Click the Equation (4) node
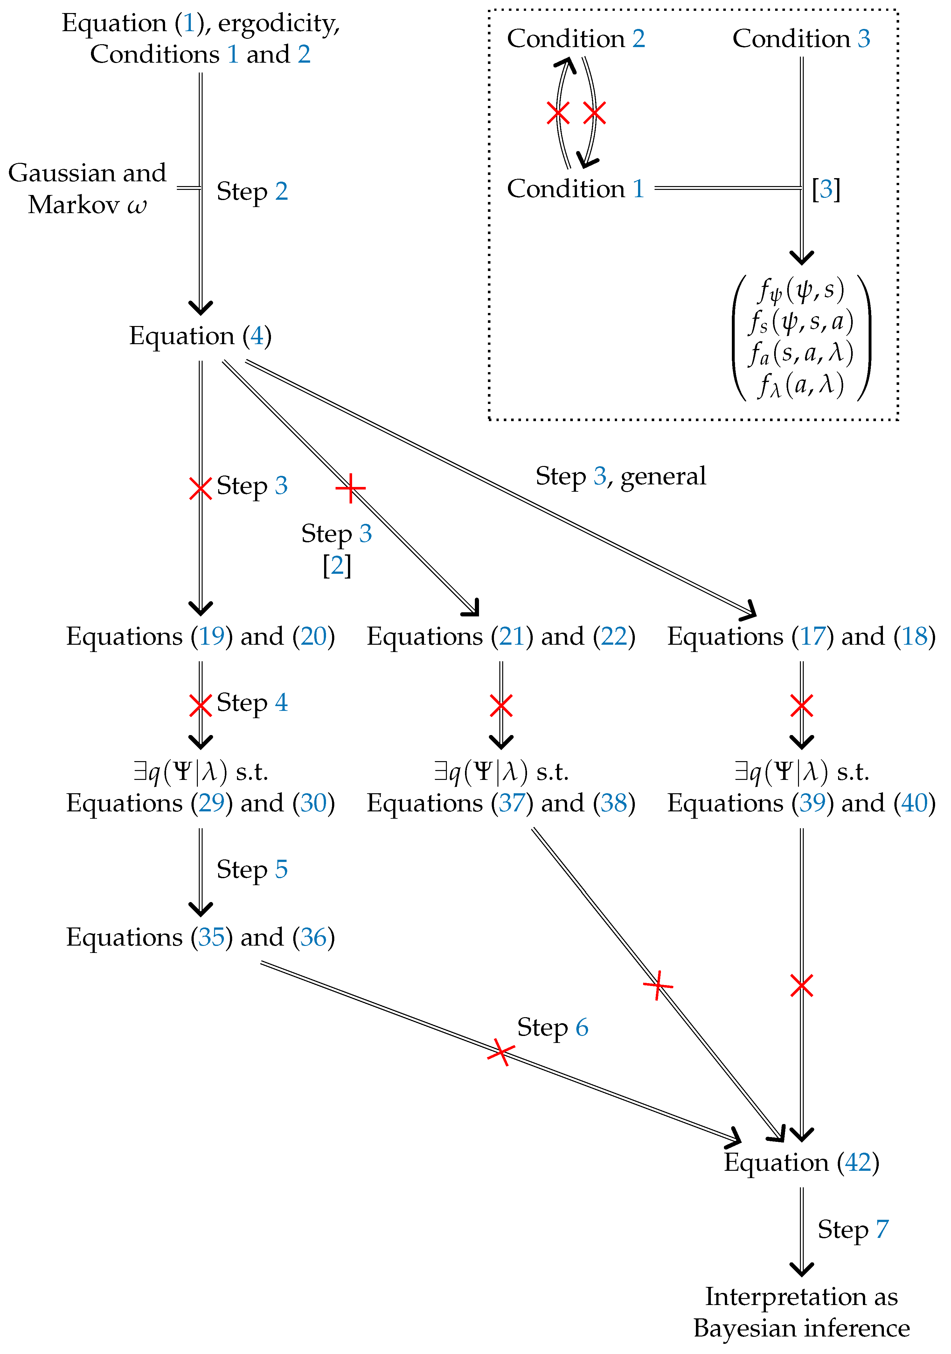click(x=200, y=336)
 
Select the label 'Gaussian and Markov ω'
click(x=87, y=189)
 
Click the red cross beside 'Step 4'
click(x=200, y=705)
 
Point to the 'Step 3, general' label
click(x=620, y=476)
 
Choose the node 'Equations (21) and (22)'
click(x=501, y=637)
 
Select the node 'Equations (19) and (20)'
click(x=200, y=637)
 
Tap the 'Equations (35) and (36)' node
click(x=200, y=938)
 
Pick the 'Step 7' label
click(x=852, y=1230)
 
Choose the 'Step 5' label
click(x=252, y=869)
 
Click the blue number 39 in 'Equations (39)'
click(x=812, y=803)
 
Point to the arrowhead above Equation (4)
click(x=200, y=308)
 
